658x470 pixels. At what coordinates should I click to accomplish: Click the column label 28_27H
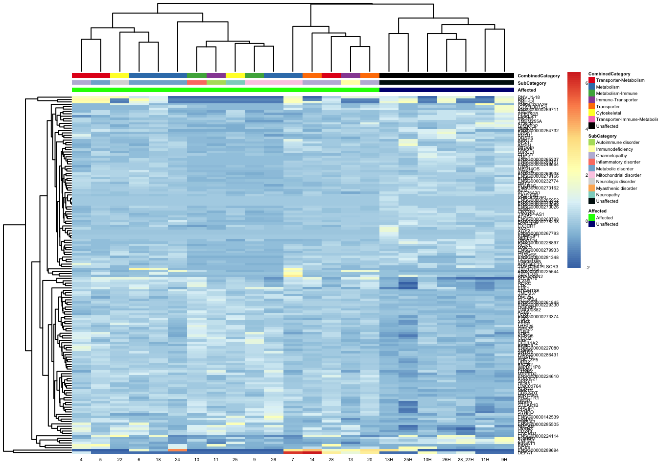pos(466,460)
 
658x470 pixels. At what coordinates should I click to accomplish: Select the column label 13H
pos(389,460)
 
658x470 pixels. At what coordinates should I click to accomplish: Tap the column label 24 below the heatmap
pos(177,460)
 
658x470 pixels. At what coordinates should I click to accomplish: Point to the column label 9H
pos(504,460)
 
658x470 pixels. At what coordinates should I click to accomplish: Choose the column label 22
pos(120,460)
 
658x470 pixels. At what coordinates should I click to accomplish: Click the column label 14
pos(312,460)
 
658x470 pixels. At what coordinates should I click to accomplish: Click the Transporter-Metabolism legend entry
pos(620,80)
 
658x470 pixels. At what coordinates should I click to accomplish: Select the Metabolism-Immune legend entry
pos(616,94)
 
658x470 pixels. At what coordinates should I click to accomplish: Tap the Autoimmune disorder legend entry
pos(617,142)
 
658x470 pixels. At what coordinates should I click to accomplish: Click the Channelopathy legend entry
pos(611,156)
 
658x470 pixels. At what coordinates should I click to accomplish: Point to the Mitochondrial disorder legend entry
pos(618,175)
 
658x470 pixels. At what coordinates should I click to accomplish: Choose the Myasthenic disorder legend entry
pos(616,188)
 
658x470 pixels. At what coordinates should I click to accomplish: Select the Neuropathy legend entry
pos(608,195)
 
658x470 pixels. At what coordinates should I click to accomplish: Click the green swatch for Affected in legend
pos(591,218)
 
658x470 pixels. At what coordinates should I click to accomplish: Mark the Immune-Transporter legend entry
pos(616,100)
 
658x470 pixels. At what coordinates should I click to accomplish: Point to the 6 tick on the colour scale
pos(587,83)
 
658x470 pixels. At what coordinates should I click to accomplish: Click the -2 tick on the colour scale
pos(587,268)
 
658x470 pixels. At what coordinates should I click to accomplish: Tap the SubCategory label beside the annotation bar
pos(532,83)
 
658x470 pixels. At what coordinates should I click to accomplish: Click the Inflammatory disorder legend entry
pos(618,162)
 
